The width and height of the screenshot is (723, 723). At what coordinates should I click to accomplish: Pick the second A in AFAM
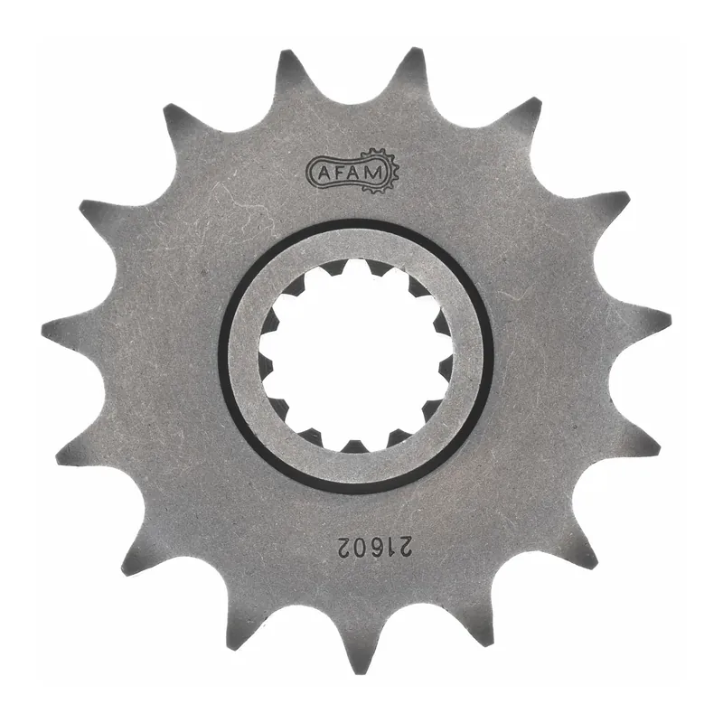click(x=359, y=172)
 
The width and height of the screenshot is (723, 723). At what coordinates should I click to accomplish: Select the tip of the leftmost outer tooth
click(x=43, y=325)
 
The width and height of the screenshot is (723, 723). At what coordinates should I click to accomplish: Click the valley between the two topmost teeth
click(x=352, y=90)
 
